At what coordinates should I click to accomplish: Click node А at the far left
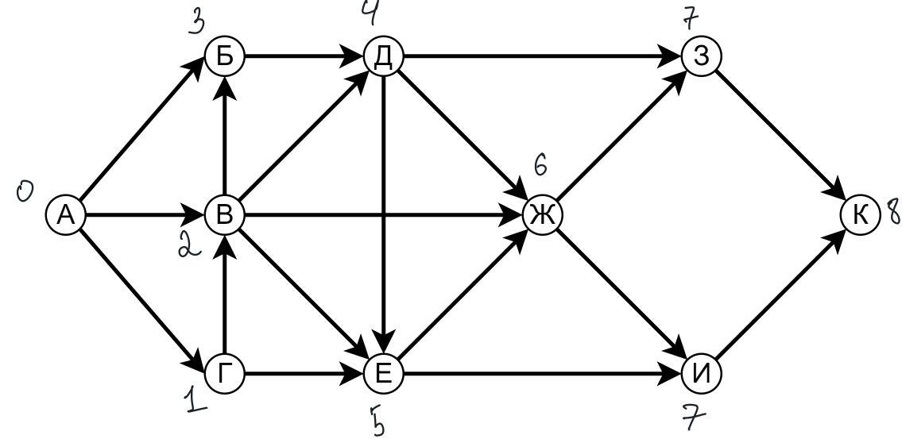64,214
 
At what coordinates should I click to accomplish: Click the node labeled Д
383,56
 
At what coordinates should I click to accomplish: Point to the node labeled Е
383,372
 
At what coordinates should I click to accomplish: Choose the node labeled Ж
541,214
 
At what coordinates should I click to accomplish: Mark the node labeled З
700,56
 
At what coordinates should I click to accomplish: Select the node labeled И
700,372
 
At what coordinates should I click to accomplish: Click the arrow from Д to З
540,56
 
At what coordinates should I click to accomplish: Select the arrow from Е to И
540,372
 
